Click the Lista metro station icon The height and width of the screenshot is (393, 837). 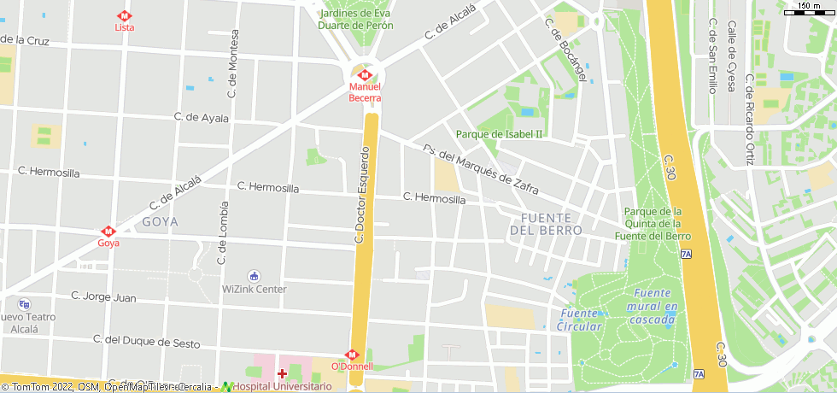click(125, 15)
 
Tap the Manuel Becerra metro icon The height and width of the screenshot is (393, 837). click(365, 75)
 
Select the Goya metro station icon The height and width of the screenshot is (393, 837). click(108, 231)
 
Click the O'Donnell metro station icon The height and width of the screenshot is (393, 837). click(351, 354)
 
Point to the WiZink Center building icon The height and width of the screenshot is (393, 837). click(254, 275)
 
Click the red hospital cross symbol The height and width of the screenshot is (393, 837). click(283, 373)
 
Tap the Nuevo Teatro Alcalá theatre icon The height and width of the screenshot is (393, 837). click(24, 304)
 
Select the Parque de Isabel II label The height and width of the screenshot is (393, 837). click(499, 134)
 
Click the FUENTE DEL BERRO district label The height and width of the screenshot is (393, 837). click(546, 224)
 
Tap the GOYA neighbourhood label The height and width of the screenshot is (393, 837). click(161, 222)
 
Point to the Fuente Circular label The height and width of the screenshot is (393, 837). click(579, 320)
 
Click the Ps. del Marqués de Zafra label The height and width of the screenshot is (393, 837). click(480, 167)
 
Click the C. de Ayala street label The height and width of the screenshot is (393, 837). click(202, 118)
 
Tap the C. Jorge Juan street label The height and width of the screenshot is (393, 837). click(103, 297)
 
